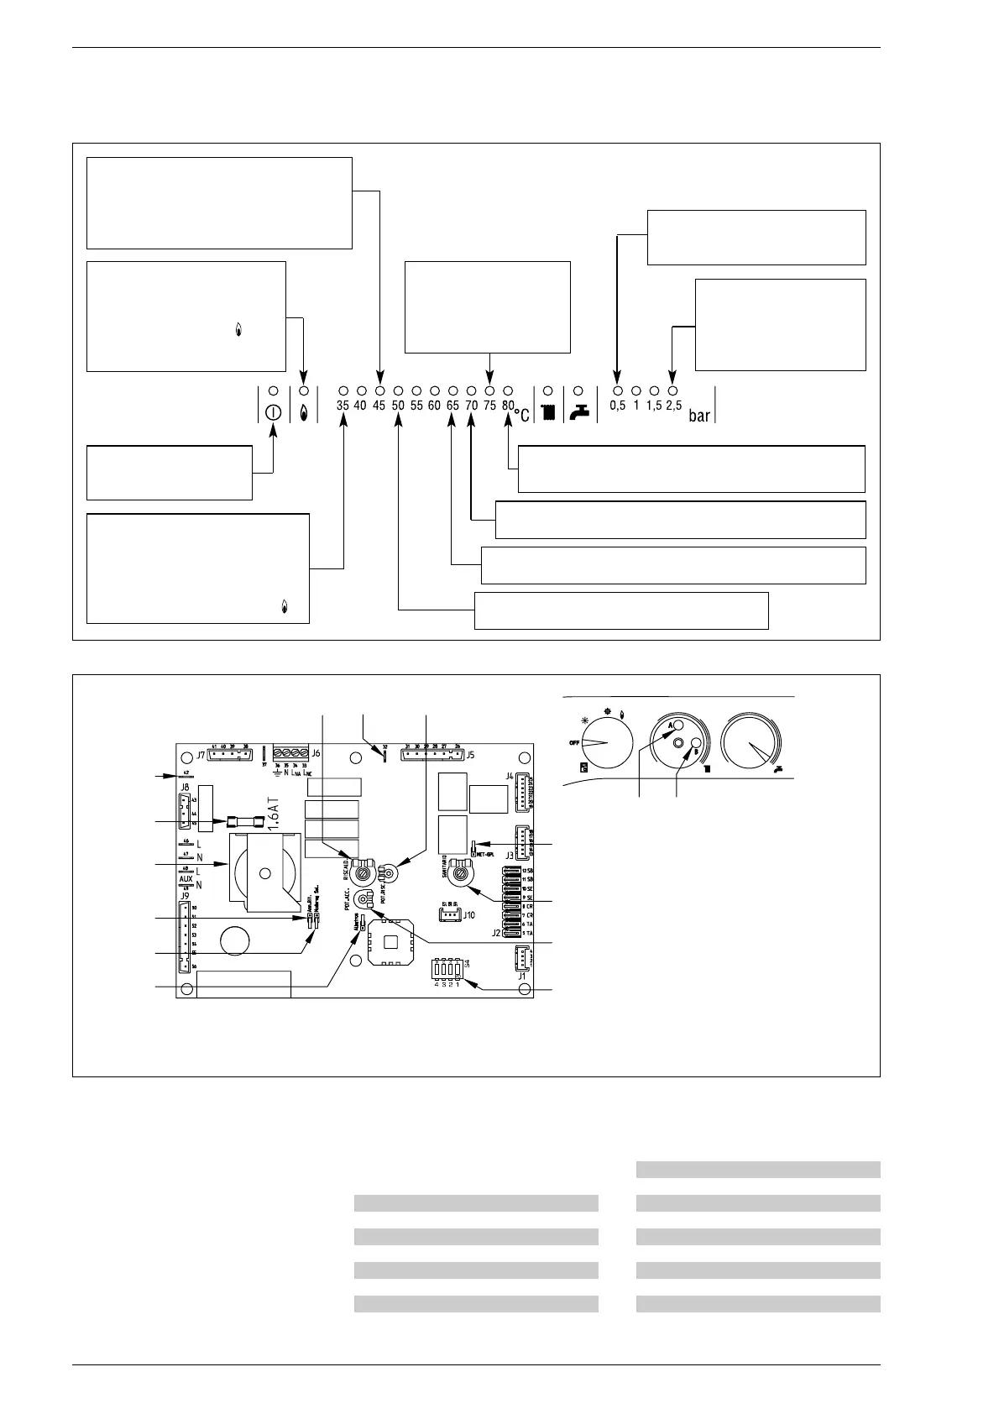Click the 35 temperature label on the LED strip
click(x=343, y=406)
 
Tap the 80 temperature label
click(x=507, y=406)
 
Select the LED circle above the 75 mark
click(x=489, y=391)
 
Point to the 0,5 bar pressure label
click(x=617, y=406)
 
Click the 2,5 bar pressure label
click(x=673, y=406)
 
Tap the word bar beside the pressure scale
click(x=699, y=416)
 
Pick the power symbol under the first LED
click(x=273, y=413)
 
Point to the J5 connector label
click(x=470, y=754)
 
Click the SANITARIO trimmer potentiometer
click(x=461, y=876)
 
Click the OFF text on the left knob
click(x=574, y=743)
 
